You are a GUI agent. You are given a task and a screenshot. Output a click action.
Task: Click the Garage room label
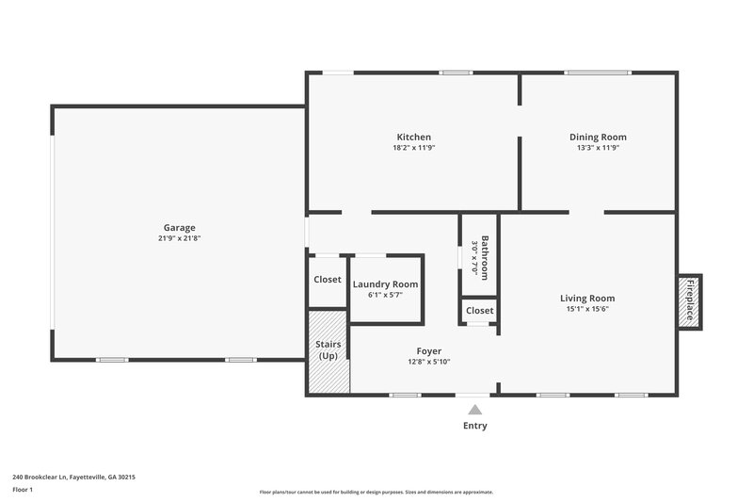(179, 227)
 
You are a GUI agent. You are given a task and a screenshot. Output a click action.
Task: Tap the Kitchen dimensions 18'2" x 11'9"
(413, 148)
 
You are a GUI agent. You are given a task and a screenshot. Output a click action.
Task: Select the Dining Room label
(598, 137)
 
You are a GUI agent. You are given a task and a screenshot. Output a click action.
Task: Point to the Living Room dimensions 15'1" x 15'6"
(587, 310)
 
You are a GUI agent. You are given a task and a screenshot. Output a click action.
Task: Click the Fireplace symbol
(689, 301)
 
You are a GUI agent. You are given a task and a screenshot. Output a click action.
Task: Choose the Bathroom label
(485, 256)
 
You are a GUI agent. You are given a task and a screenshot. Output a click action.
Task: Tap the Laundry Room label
(385, 283)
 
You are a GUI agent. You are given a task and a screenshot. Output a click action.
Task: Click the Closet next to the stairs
(327, 280)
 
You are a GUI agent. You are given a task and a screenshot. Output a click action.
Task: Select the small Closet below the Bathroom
(479, 310)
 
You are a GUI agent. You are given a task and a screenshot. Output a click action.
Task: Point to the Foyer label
(429, 351)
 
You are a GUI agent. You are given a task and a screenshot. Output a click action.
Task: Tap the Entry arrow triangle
(475, 410)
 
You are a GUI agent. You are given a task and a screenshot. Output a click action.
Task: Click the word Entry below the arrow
(475, 426)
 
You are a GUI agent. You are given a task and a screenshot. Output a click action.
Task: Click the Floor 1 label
(23, 490)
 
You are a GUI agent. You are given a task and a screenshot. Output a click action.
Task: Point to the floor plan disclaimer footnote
(376, 492)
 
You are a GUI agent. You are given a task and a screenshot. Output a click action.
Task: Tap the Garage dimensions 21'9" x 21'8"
(179, 238)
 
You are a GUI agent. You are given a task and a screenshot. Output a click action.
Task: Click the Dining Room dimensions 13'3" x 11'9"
(598, 148)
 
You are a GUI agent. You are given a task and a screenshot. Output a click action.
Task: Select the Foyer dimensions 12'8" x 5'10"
(429, 362)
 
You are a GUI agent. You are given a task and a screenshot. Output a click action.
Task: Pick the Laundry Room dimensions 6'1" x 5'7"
(385, 295)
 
